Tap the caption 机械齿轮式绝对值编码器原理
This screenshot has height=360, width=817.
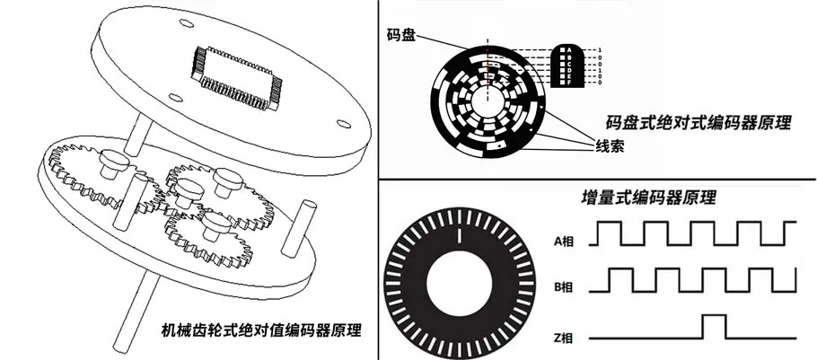coord(259,329)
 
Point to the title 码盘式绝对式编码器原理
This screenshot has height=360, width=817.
coord(699,124)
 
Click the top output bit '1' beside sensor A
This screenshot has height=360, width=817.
coord(600,49)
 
